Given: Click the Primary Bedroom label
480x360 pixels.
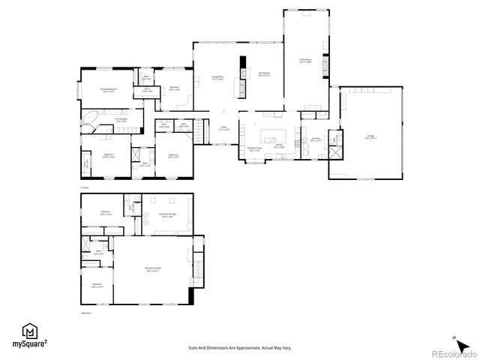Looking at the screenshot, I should (x=109, y=89).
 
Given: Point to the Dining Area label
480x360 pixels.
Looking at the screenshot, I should (x=264, y=74).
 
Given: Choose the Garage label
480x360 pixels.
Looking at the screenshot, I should (x=370, y=136).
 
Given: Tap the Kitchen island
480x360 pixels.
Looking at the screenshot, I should (x=274, y=139).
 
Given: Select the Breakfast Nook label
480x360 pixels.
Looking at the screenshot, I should (x=255, y=149).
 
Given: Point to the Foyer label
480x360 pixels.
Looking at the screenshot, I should (x=223, y=127).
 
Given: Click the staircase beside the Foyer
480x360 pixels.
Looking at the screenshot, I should (x=199, y=133).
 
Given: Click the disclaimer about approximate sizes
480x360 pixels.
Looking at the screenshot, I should (x=240, y=348).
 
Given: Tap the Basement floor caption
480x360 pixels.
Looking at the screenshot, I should (x=86, y=313).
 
